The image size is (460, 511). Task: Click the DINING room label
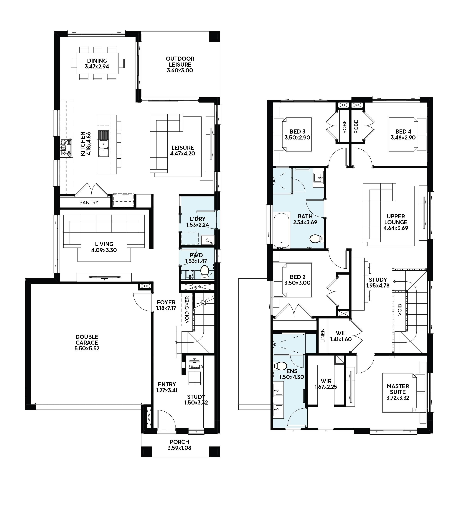(97, 61)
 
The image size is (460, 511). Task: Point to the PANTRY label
(89, 203)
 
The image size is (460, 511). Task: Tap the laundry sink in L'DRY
(207, 240)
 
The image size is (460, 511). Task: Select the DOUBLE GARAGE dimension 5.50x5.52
(87, 348)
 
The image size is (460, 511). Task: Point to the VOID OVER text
(187, 310)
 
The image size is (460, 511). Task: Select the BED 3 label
(297, 132)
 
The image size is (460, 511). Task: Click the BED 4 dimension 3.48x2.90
(403, 138)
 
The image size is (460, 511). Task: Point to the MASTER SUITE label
(398, 389)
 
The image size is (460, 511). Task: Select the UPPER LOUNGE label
(396, 219)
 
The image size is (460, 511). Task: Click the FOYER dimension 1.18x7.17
(166, 308)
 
